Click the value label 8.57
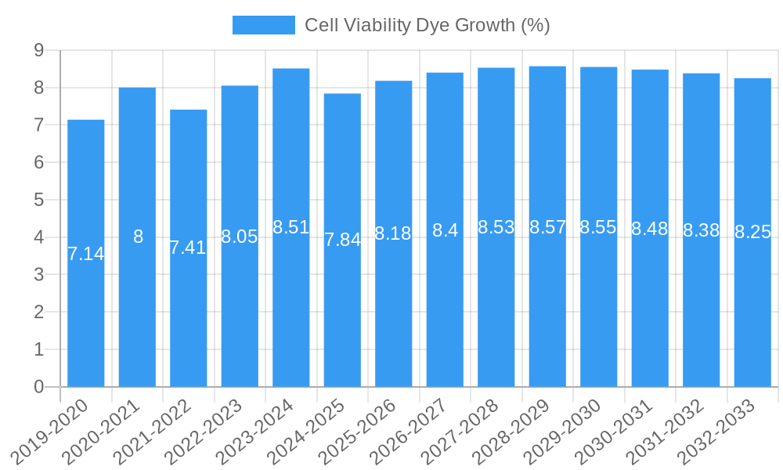(547, 227)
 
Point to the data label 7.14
(86, 254)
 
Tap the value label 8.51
(291, 227)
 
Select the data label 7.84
(342, 240)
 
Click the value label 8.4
(445, 230)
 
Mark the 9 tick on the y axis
(38, 50)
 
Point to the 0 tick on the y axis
(38, 387)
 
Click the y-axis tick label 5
(38, 200)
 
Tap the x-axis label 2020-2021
(103, 431)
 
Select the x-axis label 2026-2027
(410, 431)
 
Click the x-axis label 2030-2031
(615, 431)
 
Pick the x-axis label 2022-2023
(205, 431)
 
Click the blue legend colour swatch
(263, 25)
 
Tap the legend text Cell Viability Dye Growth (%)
(427, 25)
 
